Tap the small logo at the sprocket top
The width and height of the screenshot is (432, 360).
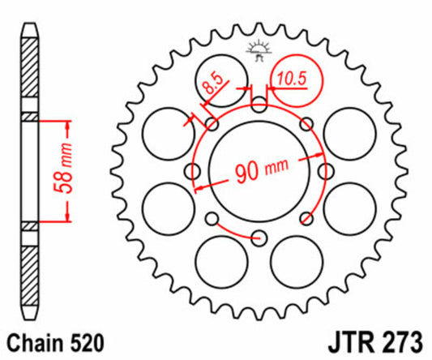[x=259, y=49]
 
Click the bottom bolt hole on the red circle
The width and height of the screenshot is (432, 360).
[x=259, y=238]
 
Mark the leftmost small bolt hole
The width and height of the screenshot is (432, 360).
[x=194, y=171]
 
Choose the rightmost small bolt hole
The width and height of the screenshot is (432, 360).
[x=326, y=171]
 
